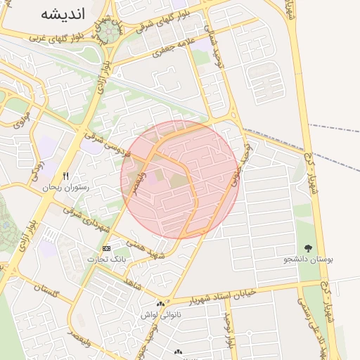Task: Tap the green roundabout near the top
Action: [108, 31]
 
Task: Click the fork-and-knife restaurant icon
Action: [65, 176]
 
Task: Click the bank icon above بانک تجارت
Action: [106, 248]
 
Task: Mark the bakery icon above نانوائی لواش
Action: [160, 304]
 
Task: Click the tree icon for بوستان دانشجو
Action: [308, 247]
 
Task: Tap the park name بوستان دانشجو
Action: [308, 259]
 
